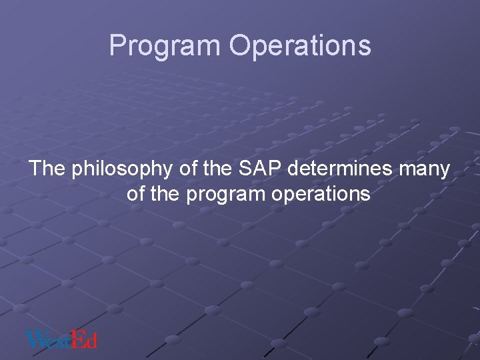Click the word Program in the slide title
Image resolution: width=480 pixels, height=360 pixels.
tap(165, 46)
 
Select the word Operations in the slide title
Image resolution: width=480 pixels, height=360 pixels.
tap(299, 46)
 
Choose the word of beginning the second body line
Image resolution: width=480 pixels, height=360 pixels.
tap(135, 194)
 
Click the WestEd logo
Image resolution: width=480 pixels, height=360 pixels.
tap(61, 339)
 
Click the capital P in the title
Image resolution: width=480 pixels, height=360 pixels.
tap(117, 46)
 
